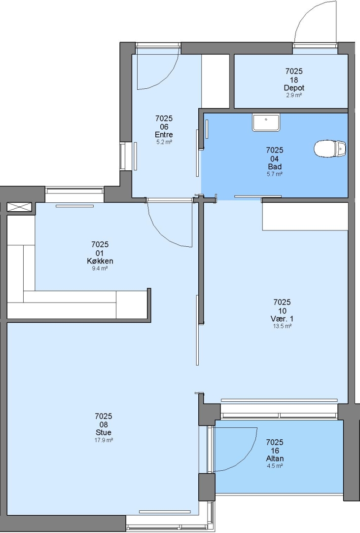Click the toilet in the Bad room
[330, 149]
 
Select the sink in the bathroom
[266, 122]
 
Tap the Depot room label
[294, 88]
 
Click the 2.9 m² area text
[294, 95]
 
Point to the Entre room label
[164, 135]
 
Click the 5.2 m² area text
[164, 142]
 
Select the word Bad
[275, 167]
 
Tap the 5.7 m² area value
[275, 174]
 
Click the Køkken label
[100, 261]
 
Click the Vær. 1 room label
[282, 319]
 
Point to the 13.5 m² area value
[282, 326]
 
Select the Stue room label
[104, 432]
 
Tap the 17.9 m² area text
[104, 440]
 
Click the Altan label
[275, 458]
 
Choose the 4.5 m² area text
[275, 466]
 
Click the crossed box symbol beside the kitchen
[19, 207]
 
